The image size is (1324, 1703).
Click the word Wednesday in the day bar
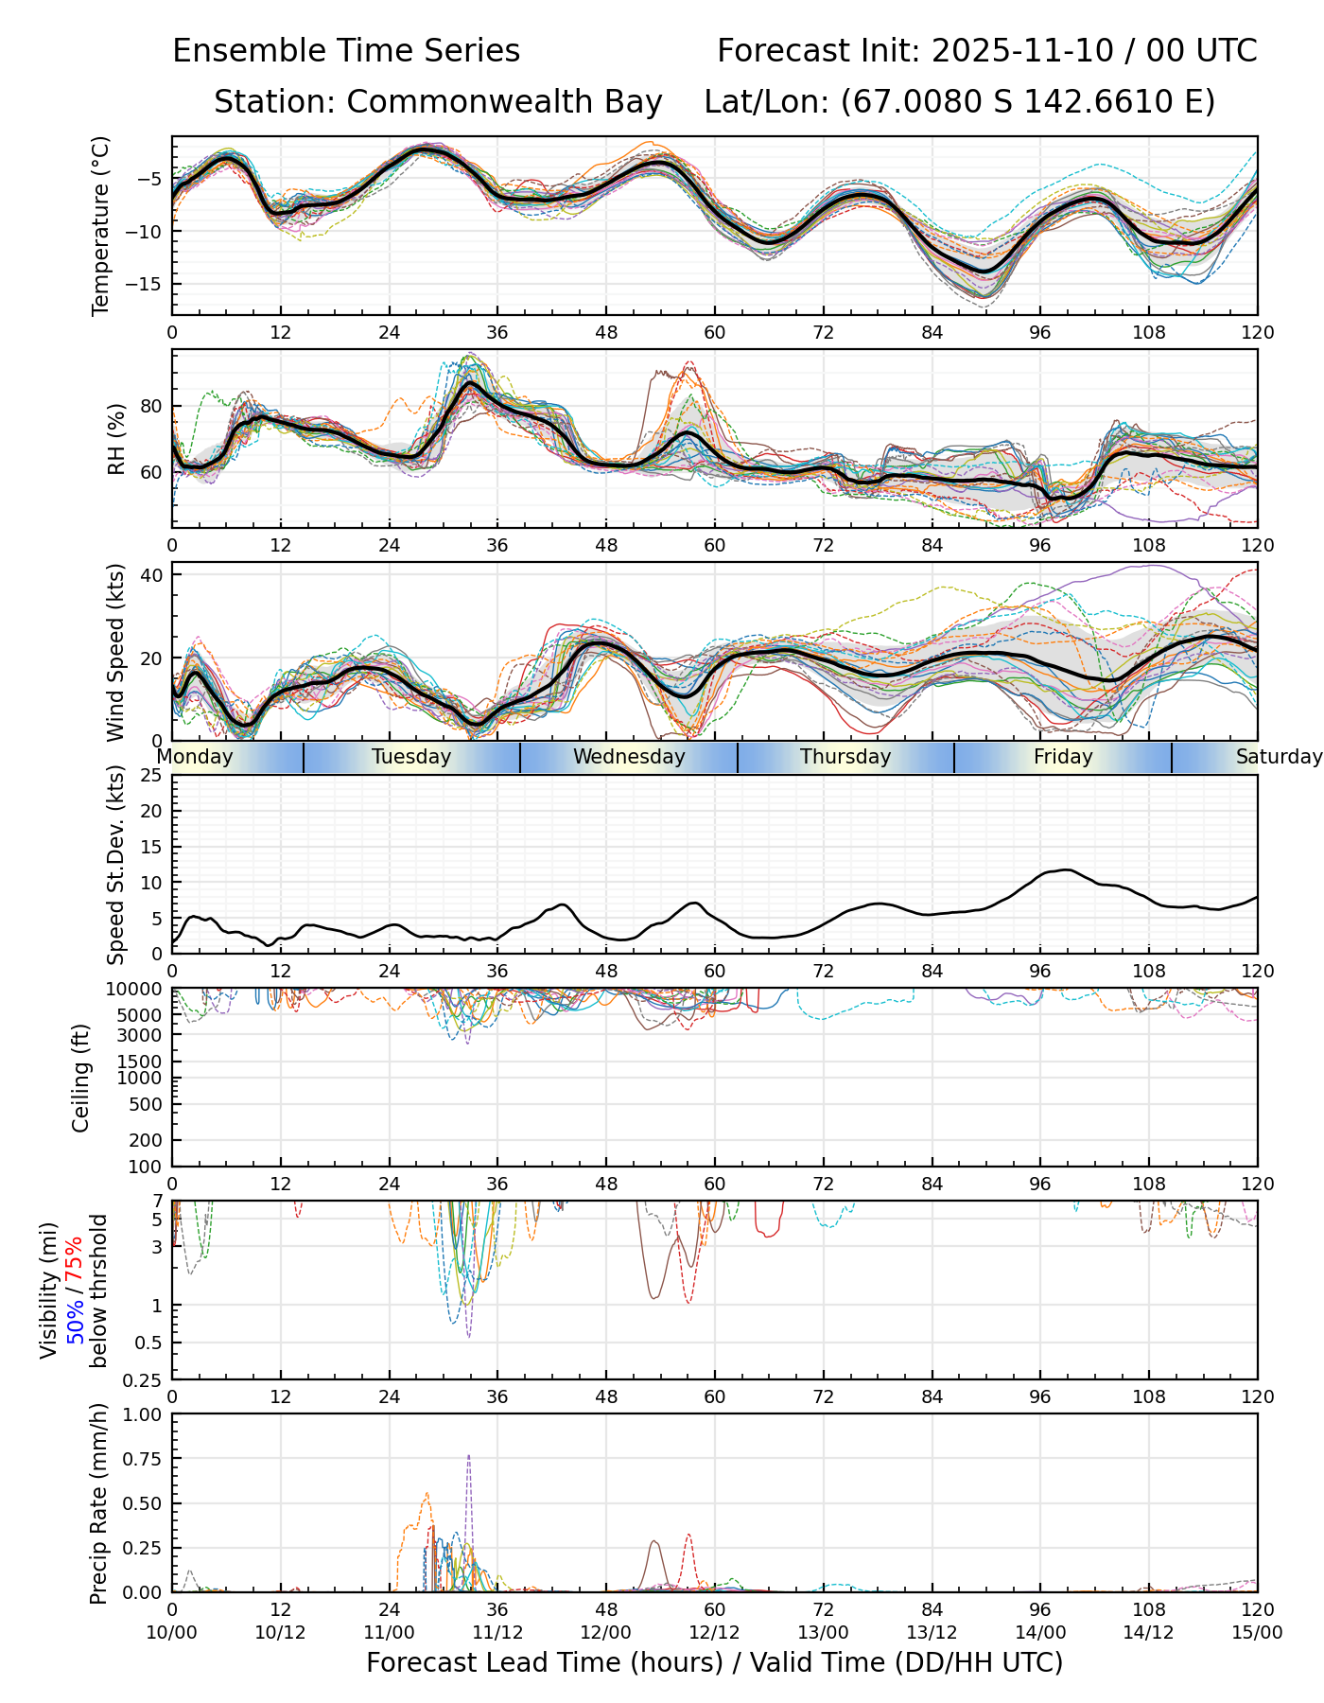629,757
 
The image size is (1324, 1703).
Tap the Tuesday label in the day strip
411,757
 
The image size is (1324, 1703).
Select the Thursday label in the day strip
845,757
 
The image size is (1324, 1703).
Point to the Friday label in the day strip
1063,757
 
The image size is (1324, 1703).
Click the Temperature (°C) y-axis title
101,225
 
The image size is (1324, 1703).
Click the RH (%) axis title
116,438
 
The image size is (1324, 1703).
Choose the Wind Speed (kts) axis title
116,652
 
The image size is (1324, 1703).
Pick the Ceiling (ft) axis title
81,1078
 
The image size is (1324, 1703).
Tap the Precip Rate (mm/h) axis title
98,1503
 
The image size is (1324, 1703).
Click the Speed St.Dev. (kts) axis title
116,865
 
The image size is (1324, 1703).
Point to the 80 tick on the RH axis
151,407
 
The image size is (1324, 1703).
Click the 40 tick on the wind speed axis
151,575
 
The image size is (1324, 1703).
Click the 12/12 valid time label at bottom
715,1633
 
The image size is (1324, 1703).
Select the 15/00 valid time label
1257,1633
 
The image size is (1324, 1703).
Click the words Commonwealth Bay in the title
504,102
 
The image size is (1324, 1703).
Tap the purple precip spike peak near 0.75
468,1456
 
